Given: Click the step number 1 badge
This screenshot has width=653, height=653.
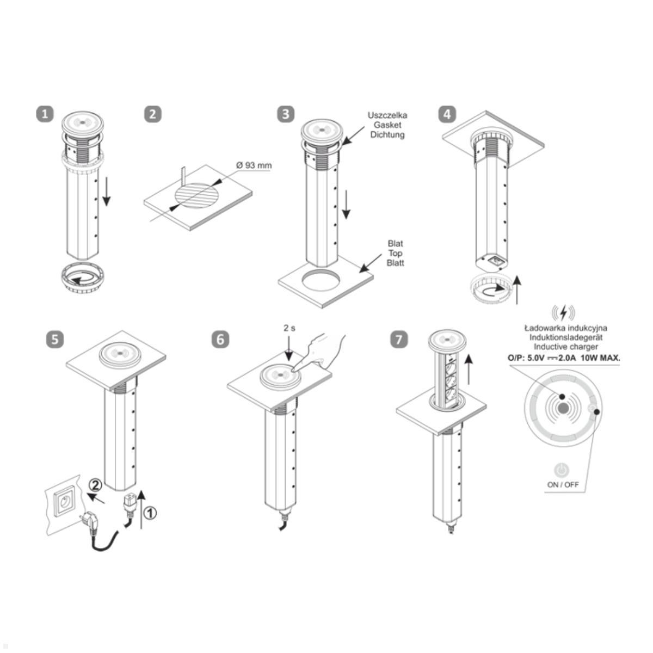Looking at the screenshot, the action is [45, 114].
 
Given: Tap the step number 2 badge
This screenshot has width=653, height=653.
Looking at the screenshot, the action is [153, 114].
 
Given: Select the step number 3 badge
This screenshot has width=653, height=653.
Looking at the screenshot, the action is [286, 114].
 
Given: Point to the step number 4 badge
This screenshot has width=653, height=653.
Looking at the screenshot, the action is [447, 114].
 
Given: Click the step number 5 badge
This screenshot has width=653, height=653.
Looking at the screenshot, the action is [55, 339].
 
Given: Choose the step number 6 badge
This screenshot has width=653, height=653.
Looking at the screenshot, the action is [220, 339].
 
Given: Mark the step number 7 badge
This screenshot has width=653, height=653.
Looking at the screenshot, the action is [399, 339].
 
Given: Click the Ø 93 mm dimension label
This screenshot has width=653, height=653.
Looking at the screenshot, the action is [254, 165].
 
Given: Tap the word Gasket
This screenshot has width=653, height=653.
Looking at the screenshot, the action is [387, 125].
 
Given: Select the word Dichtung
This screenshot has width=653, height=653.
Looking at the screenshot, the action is [387, 134].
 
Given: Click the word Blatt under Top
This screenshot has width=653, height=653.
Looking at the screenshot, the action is [396, 263].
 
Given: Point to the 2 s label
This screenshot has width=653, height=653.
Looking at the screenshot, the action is [289, 328].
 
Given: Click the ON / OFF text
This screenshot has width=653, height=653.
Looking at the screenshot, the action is [563, 485].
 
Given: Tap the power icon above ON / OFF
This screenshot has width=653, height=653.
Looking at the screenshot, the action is [562, 470].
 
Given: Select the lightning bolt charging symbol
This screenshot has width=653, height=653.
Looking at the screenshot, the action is [563, 313].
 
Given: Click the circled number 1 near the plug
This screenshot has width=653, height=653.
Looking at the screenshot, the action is [150, 513].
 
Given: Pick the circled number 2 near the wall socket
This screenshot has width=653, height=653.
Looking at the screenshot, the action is [96, 485].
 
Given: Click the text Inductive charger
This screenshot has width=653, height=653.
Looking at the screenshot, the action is [565, 347].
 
